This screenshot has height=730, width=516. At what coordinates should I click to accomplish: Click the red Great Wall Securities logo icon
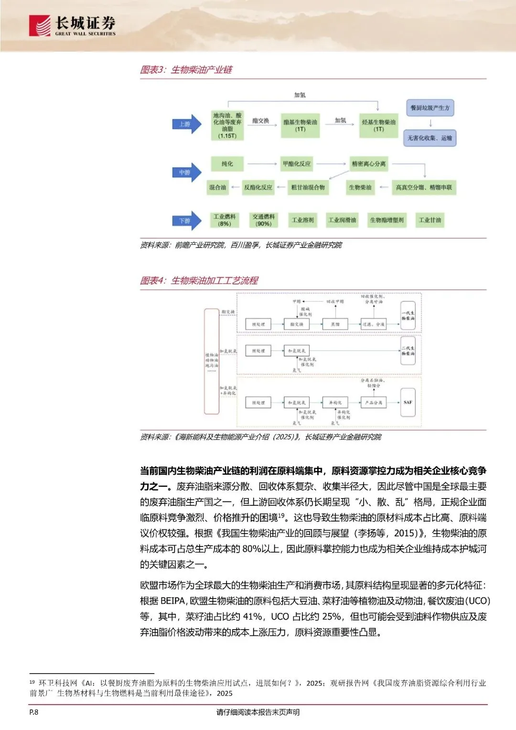[40, 25]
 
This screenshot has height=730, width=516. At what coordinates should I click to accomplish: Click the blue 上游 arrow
[186, 124]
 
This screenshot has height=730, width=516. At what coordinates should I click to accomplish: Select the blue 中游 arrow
[186, 172]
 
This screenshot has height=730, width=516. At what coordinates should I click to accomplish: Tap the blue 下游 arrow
[186, 221]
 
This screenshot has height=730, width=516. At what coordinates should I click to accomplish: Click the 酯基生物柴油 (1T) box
[300, 125]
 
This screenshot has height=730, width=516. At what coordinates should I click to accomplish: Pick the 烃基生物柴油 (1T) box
[378, 125]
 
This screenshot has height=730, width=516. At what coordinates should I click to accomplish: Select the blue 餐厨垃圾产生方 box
[430, 108]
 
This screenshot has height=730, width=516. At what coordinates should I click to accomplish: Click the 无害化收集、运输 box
[430, 138]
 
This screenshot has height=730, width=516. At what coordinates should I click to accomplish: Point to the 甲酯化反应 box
[297, 164]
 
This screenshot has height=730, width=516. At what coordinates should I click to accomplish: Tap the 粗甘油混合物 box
[308, 187]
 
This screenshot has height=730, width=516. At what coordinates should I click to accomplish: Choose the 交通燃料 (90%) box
[264, 220]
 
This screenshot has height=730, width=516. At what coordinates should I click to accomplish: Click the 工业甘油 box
[430, 220]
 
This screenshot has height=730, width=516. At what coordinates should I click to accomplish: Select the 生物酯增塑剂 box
[387, 220]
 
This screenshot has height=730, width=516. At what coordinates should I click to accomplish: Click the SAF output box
[408, 403]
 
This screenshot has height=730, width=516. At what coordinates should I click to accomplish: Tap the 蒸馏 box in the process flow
[335, 324]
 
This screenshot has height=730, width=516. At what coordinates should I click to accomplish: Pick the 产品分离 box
[374, 403]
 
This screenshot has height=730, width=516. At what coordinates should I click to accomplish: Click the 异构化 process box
[335, 403]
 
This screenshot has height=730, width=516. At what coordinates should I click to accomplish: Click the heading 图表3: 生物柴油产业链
[186, 70]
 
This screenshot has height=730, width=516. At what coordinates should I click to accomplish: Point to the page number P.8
[34, 712]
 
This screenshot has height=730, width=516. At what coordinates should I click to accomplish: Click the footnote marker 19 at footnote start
[32, 682]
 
